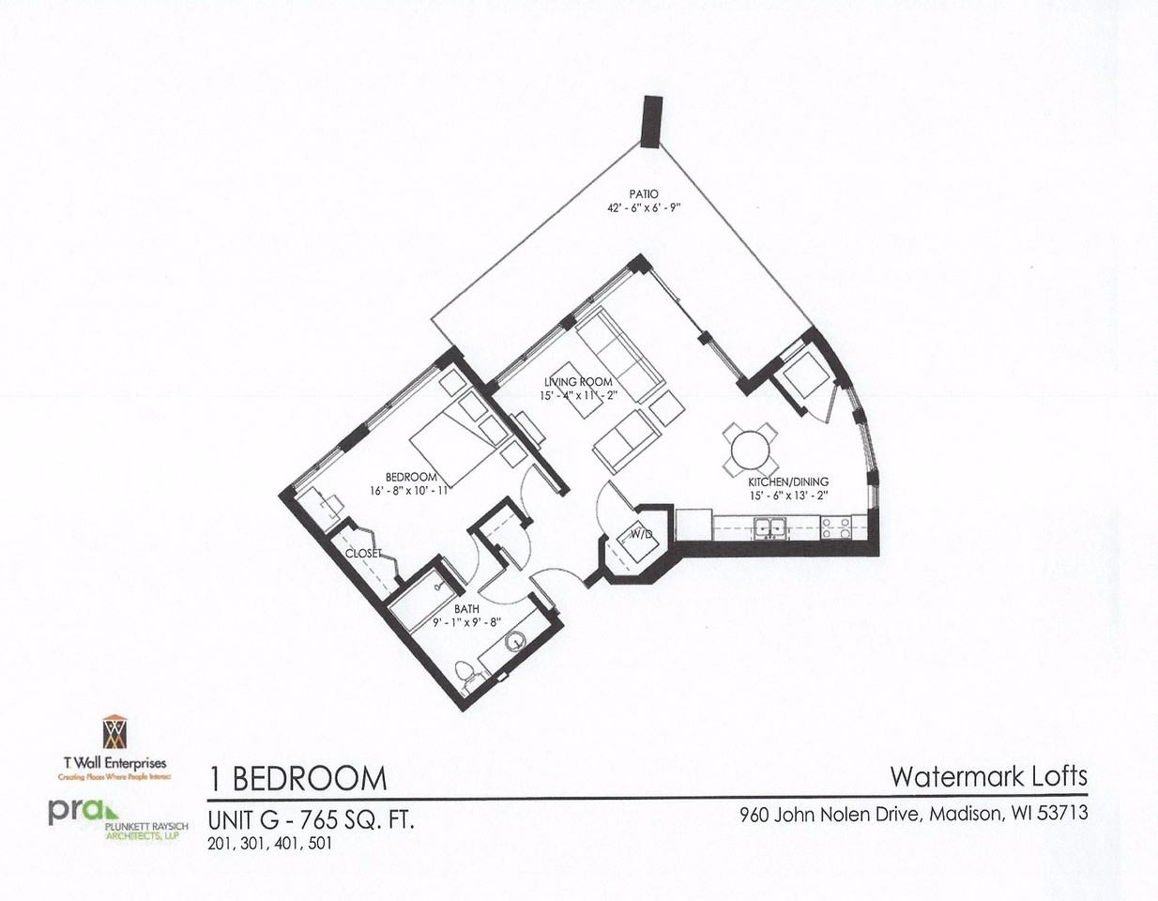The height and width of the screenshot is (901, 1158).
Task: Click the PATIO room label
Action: coord(643,193)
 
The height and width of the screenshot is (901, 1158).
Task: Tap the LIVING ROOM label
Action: coord(578,381)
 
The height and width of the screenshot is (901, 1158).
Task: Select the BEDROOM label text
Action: coord(411,476)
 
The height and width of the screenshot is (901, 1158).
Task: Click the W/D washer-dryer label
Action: coord(641,535)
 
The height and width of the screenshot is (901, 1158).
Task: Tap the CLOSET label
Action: coord(363,554)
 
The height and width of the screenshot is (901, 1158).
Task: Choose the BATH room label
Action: coord(466,609)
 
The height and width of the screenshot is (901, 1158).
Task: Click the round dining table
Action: coord(750,450)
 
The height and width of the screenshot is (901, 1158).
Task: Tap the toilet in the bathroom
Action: coord(463,674)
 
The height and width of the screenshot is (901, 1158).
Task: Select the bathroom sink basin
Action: coord(515,643)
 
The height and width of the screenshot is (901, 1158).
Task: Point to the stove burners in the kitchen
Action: coord(835,527)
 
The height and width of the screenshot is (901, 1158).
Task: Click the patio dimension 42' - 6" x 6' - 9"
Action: coord(643,208)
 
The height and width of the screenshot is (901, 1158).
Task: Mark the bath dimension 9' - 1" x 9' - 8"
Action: coord(467,622)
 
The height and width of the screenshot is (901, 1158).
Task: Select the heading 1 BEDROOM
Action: coord(297,779)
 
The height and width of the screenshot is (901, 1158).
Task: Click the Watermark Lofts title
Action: coord(988,776)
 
